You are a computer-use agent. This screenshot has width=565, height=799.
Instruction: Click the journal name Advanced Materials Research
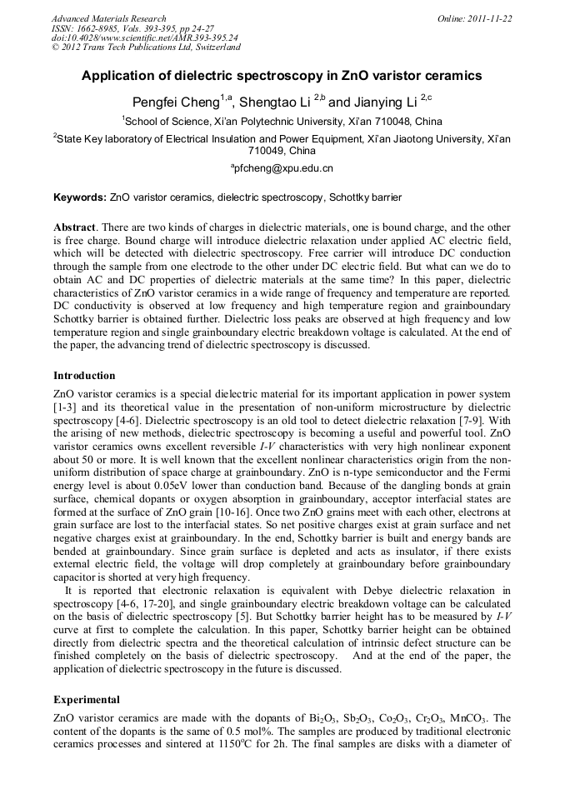[109, 18]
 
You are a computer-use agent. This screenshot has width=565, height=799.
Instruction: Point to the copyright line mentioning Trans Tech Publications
[146, 47]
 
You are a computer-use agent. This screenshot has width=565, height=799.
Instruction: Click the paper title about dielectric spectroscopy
[282, 75]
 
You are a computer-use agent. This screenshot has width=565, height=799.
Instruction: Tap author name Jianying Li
[385, 102]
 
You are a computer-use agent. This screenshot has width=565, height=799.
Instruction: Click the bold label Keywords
[79, 198]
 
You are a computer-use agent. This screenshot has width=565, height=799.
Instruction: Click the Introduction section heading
[84, 376]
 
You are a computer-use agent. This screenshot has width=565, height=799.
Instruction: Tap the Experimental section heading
[87, 699]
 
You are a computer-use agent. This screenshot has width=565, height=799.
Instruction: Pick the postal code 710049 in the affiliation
[267, 151]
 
